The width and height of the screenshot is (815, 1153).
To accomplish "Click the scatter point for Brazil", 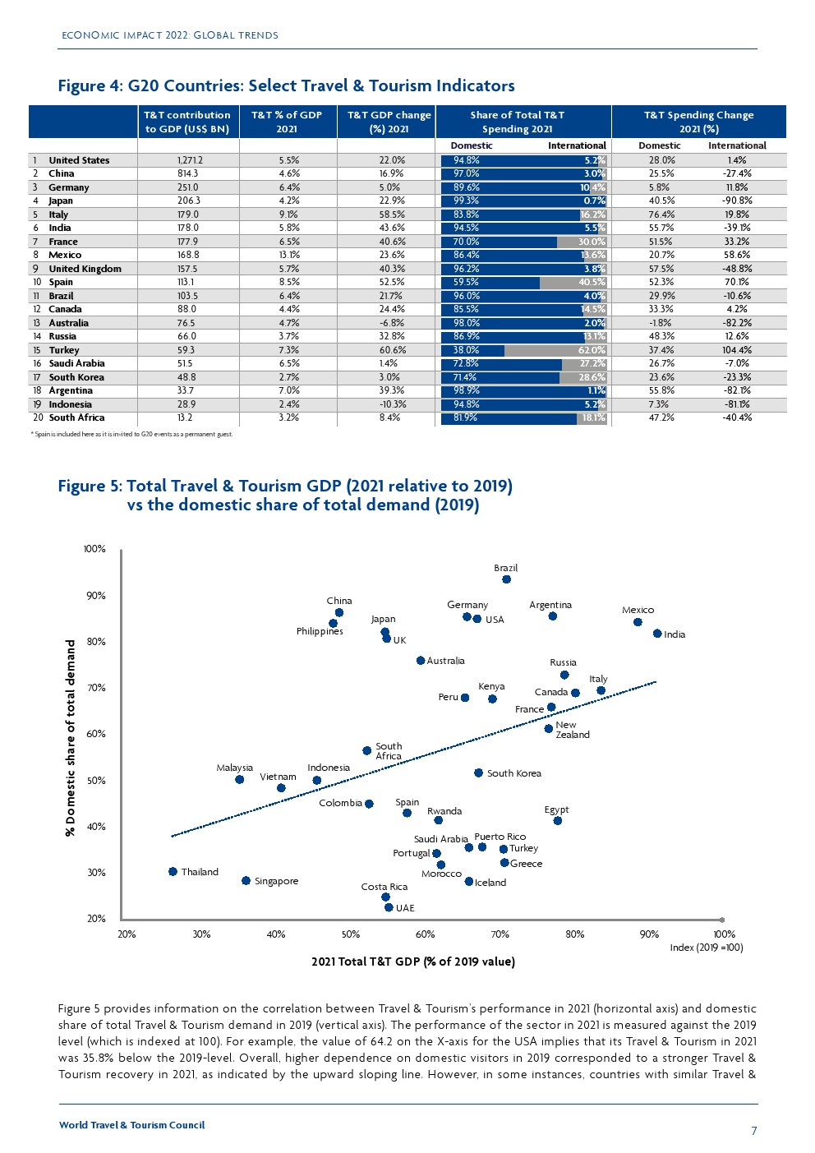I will coord(506,579).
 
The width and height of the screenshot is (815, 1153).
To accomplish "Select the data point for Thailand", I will coord(173,872).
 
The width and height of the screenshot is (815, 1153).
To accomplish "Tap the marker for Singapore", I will coord(246,881).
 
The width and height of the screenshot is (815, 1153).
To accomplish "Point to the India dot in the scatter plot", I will coord(657,634).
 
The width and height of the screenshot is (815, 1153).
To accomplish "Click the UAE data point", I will coord(389,907).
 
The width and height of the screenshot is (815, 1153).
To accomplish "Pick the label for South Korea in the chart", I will coord(513,773).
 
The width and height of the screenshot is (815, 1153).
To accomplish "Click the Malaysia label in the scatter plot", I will coord(235,768).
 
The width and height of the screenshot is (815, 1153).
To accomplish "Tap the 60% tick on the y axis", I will coord(97,734).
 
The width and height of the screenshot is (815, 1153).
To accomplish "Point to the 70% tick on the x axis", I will coord(500,934).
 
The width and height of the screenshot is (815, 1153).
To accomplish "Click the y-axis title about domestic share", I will coord(71,738).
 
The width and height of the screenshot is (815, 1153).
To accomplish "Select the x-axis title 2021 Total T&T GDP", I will coord(413,962).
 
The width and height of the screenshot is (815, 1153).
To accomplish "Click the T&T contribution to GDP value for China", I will coord(187,173).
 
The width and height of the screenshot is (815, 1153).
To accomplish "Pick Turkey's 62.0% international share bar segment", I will coord(555,350).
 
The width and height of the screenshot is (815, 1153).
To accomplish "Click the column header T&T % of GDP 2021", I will coord(287,122).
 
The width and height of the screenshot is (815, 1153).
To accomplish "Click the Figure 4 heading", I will coord(286,85).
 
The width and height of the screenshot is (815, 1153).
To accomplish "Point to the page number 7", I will coord(754,1131).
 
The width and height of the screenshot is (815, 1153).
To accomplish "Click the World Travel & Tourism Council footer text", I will coord(131,1125).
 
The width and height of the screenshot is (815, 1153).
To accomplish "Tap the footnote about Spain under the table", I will coord(131,434).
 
